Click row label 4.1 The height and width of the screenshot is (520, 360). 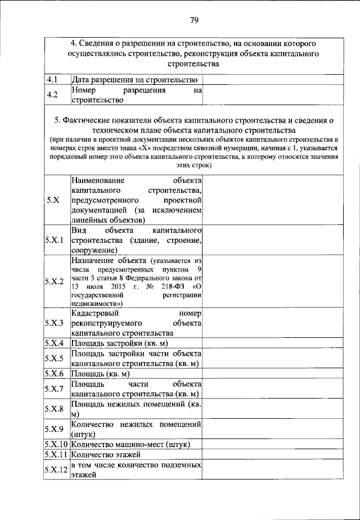[x=53, y=80]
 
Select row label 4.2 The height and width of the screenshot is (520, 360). [x=53, y=95]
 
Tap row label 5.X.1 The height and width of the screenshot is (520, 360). [x=56, y=241]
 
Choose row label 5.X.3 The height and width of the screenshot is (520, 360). [x=56, y=323]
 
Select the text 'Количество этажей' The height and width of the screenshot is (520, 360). [x=106, y=454]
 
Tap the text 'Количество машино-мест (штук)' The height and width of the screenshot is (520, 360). [x=130, y=444]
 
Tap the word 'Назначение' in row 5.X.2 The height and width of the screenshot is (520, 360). [x=93, y=261]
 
